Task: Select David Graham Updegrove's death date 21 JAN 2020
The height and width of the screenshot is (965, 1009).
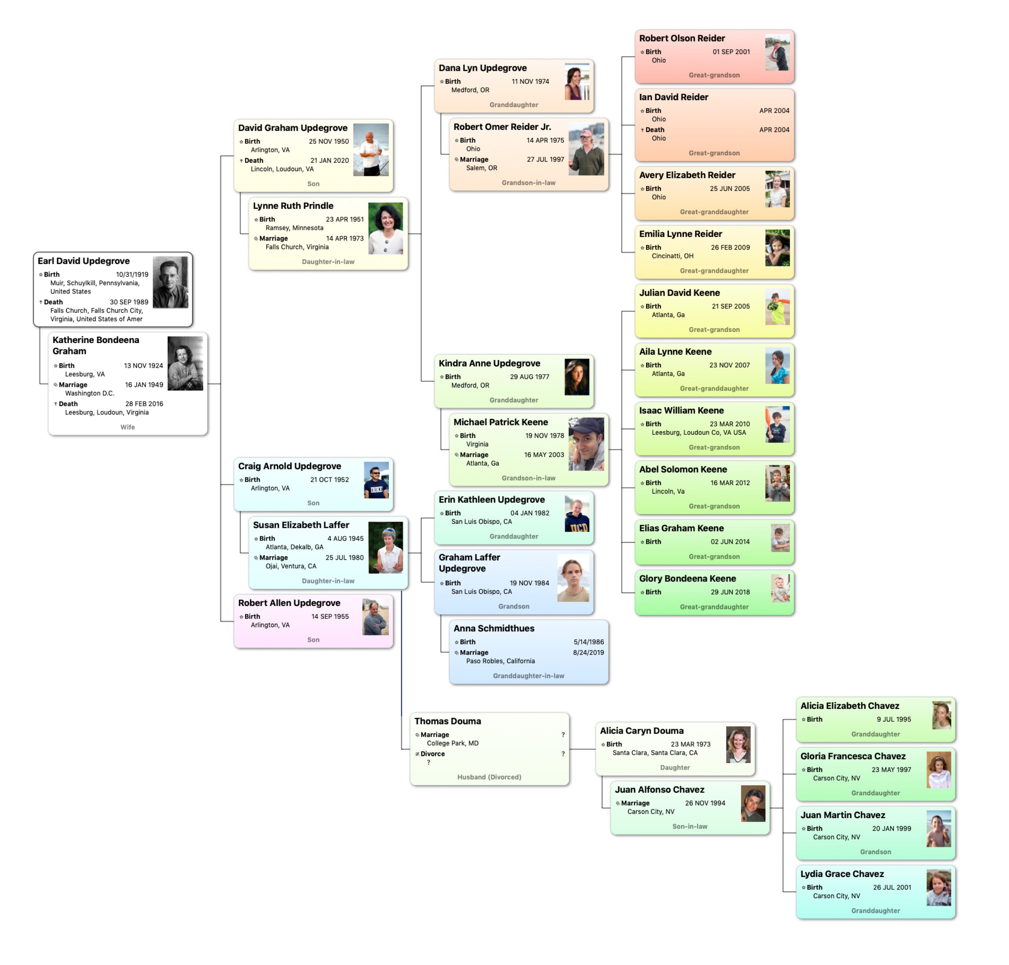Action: click(x=329, y=160)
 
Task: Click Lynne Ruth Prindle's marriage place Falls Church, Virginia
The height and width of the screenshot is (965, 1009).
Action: click(x=297, y=247)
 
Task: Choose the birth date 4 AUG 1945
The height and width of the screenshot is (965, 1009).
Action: click(x=345, y=538)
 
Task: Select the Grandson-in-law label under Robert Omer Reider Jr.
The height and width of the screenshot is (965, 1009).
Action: click(x=528, y=183)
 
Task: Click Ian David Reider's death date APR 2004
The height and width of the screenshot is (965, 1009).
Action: click(x=774, y=130)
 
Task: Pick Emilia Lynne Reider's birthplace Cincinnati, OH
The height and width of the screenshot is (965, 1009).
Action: click(x=672, y=256)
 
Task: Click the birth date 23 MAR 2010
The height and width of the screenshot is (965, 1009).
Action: click(x=730, y=424)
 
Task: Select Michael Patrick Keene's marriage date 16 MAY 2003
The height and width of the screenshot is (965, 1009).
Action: click(x=544, y=455)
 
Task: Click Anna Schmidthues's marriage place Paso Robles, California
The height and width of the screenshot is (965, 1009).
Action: click(x=500, y=661)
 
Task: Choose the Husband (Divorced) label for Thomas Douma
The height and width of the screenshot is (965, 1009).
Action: click(x=489, y=777)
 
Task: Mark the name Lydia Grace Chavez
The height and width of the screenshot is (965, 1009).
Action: click(x=842, y=873)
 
